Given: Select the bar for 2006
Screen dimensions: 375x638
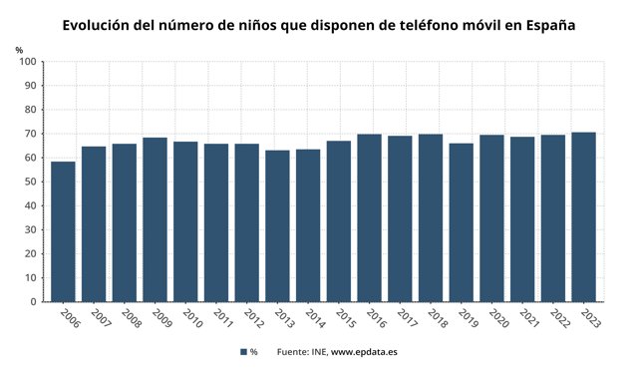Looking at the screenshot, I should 63,231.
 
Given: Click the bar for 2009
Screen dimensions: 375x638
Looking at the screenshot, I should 155,219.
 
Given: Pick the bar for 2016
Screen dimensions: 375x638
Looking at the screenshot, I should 369,217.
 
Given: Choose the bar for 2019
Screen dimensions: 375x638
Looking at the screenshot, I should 461,222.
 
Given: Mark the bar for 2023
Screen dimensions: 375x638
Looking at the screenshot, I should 583,216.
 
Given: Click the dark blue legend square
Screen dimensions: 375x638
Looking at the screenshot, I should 243,352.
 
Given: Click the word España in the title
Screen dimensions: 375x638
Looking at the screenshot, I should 546,23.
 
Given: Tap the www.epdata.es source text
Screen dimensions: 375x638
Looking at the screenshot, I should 364,352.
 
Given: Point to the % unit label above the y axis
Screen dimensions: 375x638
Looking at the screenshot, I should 19,49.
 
